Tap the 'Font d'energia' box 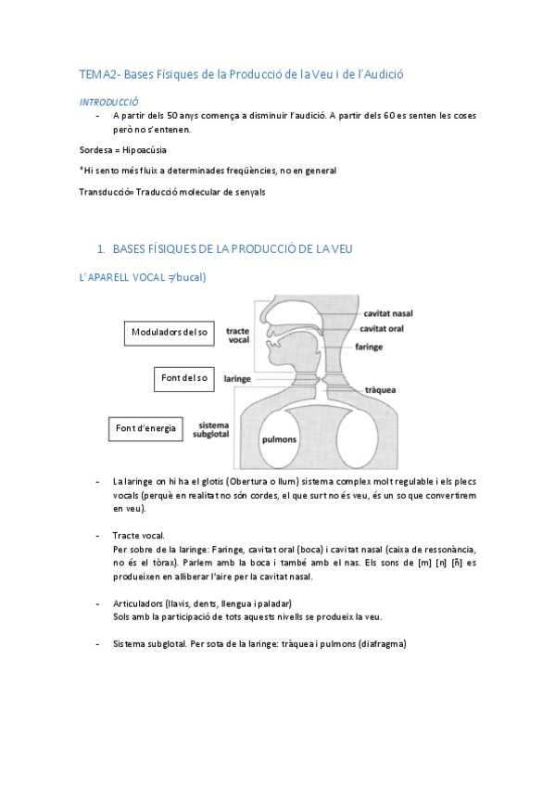point(145,428)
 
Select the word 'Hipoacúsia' point(145,149)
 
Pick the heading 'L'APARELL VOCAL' point(118,277)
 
